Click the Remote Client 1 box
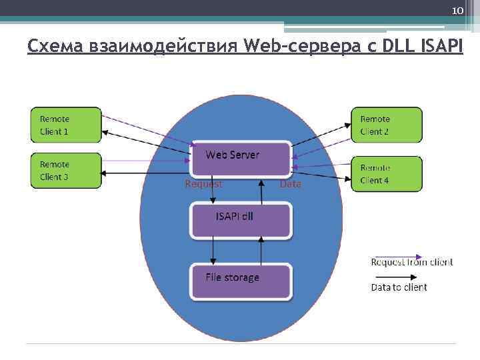[66, 125]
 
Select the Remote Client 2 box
[387, 125]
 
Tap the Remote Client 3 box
[66, 171]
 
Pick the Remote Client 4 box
[387, 173]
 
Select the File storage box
[241, 281]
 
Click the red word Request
[204, 184]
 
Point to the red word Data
[291, 184]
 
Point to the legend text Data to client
[399, 287]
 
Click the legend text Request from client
[411, 262]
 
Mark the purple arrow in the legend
[397, 255]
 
